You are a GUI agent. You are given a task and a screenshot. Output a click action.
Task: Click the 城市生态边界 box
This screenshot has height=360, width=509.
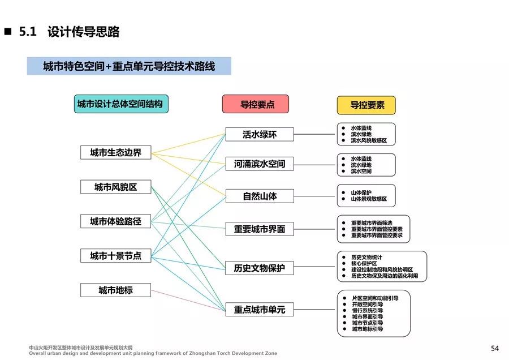(x=115, y=153)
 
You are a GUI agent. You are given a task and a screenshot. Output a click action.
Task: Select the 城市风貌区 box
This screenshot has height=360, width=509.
(x=115, y=187)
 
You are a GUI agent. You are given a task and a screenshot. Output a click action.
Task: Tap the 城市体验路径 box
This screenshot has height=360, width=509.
(x=115, y=221)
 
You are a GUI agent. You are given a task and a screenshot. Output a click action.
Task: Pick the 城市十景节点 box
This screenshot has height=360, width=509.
(x=115, y=256)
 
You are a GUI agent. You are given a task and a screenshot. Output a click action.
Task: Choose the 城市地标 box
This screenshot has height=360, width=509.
(x=115, y=290)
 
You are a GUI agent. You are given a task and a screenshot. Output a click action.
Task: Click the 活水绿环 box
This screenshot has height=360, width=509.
(x=260, y=134)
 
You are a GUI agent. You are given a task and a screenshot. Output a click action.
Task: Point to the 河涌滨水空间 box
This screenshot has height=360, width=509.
(x=260, y=164)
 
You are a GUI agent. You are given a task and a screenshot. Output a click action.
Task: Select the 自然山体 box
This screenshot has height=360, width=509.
(x=260, y=196)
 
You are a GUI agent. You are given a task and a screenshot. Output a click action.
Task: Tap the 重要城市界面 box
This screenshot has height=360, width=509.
(x=260, y=229)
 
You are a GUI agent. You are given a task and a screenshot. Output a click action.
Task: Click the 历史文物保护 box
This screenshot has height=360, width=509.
(x=260, y=268)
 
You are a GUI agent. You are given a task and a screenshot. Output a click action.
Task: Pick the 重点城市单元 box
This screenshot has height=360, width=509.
(x=260, y=310)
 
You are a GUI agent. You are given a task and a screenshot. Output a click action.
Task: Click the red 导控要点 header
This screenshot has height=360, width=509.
(x=256, y=104)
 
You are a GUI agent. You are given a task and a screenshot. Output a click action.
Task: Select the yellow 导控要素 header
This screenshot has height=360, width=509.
(x=366, y=105)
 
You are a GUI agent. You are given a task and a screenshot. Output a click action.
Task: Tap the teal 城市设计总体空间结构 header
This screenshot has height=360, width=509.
(x=121, y=104)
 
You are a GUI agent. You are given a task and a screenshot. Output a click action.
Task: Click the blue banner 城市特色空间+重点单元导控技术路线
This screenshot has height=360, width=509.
(x=129, y=66)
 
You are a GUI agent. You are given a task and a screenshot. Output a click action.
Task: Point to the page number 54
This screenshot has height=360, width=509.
(x=495, y=348)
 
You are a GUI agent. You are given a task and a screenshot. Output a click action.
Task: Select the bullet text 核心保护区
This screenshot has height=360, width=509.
(x=364, y=263)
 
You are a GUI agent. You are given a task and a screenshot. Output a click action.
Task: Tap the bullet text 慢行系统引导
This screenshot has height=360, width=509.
(x=367, y=311)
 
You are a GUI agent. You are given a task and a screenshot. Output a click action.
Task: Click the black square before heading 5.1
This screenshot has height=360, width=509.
(x=8, y=32)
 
